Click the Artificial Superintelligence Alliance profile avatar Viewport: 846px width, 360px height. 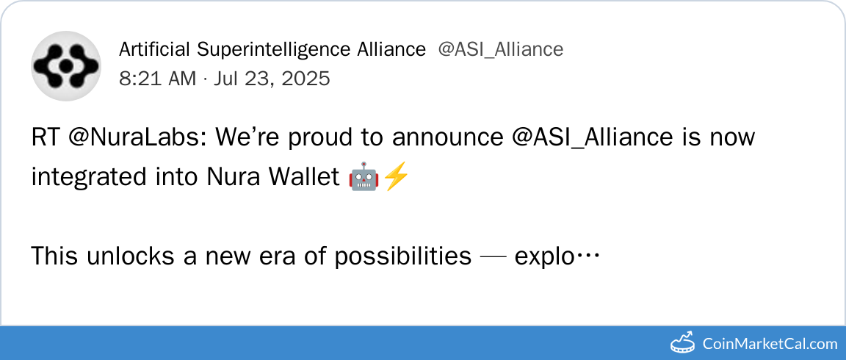click(x=66, y=66)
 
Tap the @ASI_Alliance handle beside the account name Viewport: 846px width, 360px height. click(x=501, y=50)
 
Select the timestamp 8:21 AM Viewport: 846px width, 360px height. click(x=158, y=79)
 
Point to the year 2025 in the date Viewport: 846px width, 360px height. click(x=303, y=79)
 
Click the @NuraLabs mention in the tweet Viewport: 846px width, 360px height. click(x=140, y=138)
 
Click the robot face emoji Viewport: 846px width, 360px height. click(x=364, y=177)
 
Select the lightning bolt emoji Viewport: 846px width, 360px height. click(x=396, y=177)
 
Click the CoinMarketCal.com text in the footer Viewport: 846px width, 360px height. click(x=770, y=343)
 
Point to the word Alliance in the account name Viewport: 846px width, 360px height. click(x=391, y=50)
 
